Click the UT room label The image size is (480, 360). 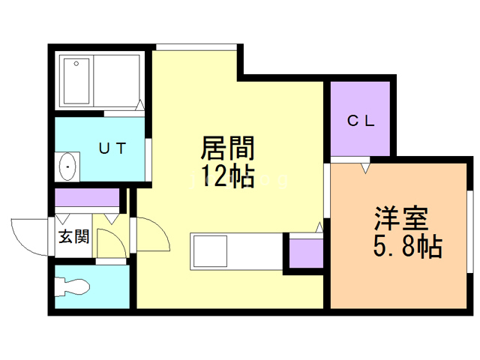pos(112,148)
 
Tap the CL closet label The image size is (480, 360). pos(361,121)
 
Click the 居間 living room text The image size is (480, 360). pos(227,148)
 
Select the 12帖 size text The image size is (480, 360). pos(227,176)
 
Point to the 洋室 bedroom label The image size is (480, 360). pos(401,218)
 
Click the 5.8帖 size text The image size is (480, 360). pos(408,246)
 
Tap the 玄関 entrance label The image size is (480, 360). pos(73,236)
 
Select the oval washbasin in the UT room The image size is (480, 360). pos(67,167)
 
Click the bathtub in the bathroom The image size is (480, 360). pos(76,81)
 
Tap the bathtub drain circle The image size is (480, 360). pos(76,64)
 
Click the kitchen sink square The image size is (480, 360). pos(210,251)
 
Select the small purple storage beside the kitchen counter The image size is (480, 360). pos(306,253)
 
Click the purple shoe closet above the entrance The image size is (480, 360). pos(87,197)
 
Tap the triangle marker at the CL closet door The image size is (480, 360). pos(365,168)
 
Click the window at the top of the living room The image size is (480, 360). pos(196,47)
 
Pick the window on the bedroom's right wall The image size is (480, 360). pos(470,232)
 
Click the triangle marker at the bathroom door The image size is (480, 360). pos(140,105)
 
